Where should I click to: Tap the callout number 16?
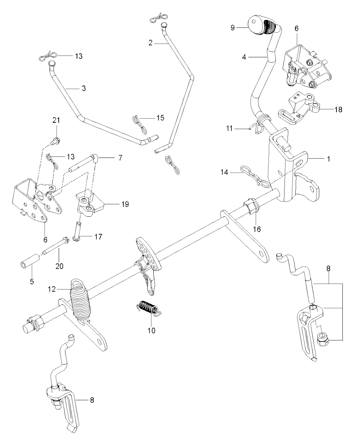click(257, 229)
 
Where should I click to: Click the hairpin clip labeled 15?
click(140, 124)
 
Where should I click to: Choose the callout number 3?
click(84, 88)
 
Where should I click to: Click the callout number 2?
click(151, 43)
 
